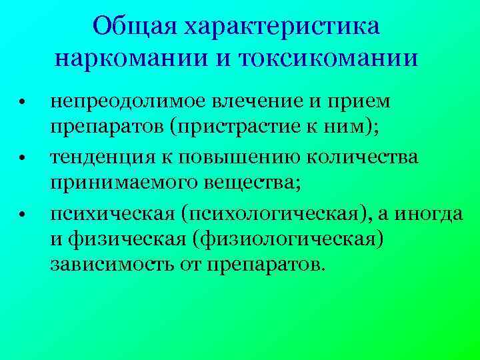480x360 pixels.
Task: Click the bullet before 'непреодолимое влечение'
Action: [x=22, y=104]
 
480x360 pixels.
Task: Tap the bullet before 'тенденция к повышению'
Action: [x=22, y=159]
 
